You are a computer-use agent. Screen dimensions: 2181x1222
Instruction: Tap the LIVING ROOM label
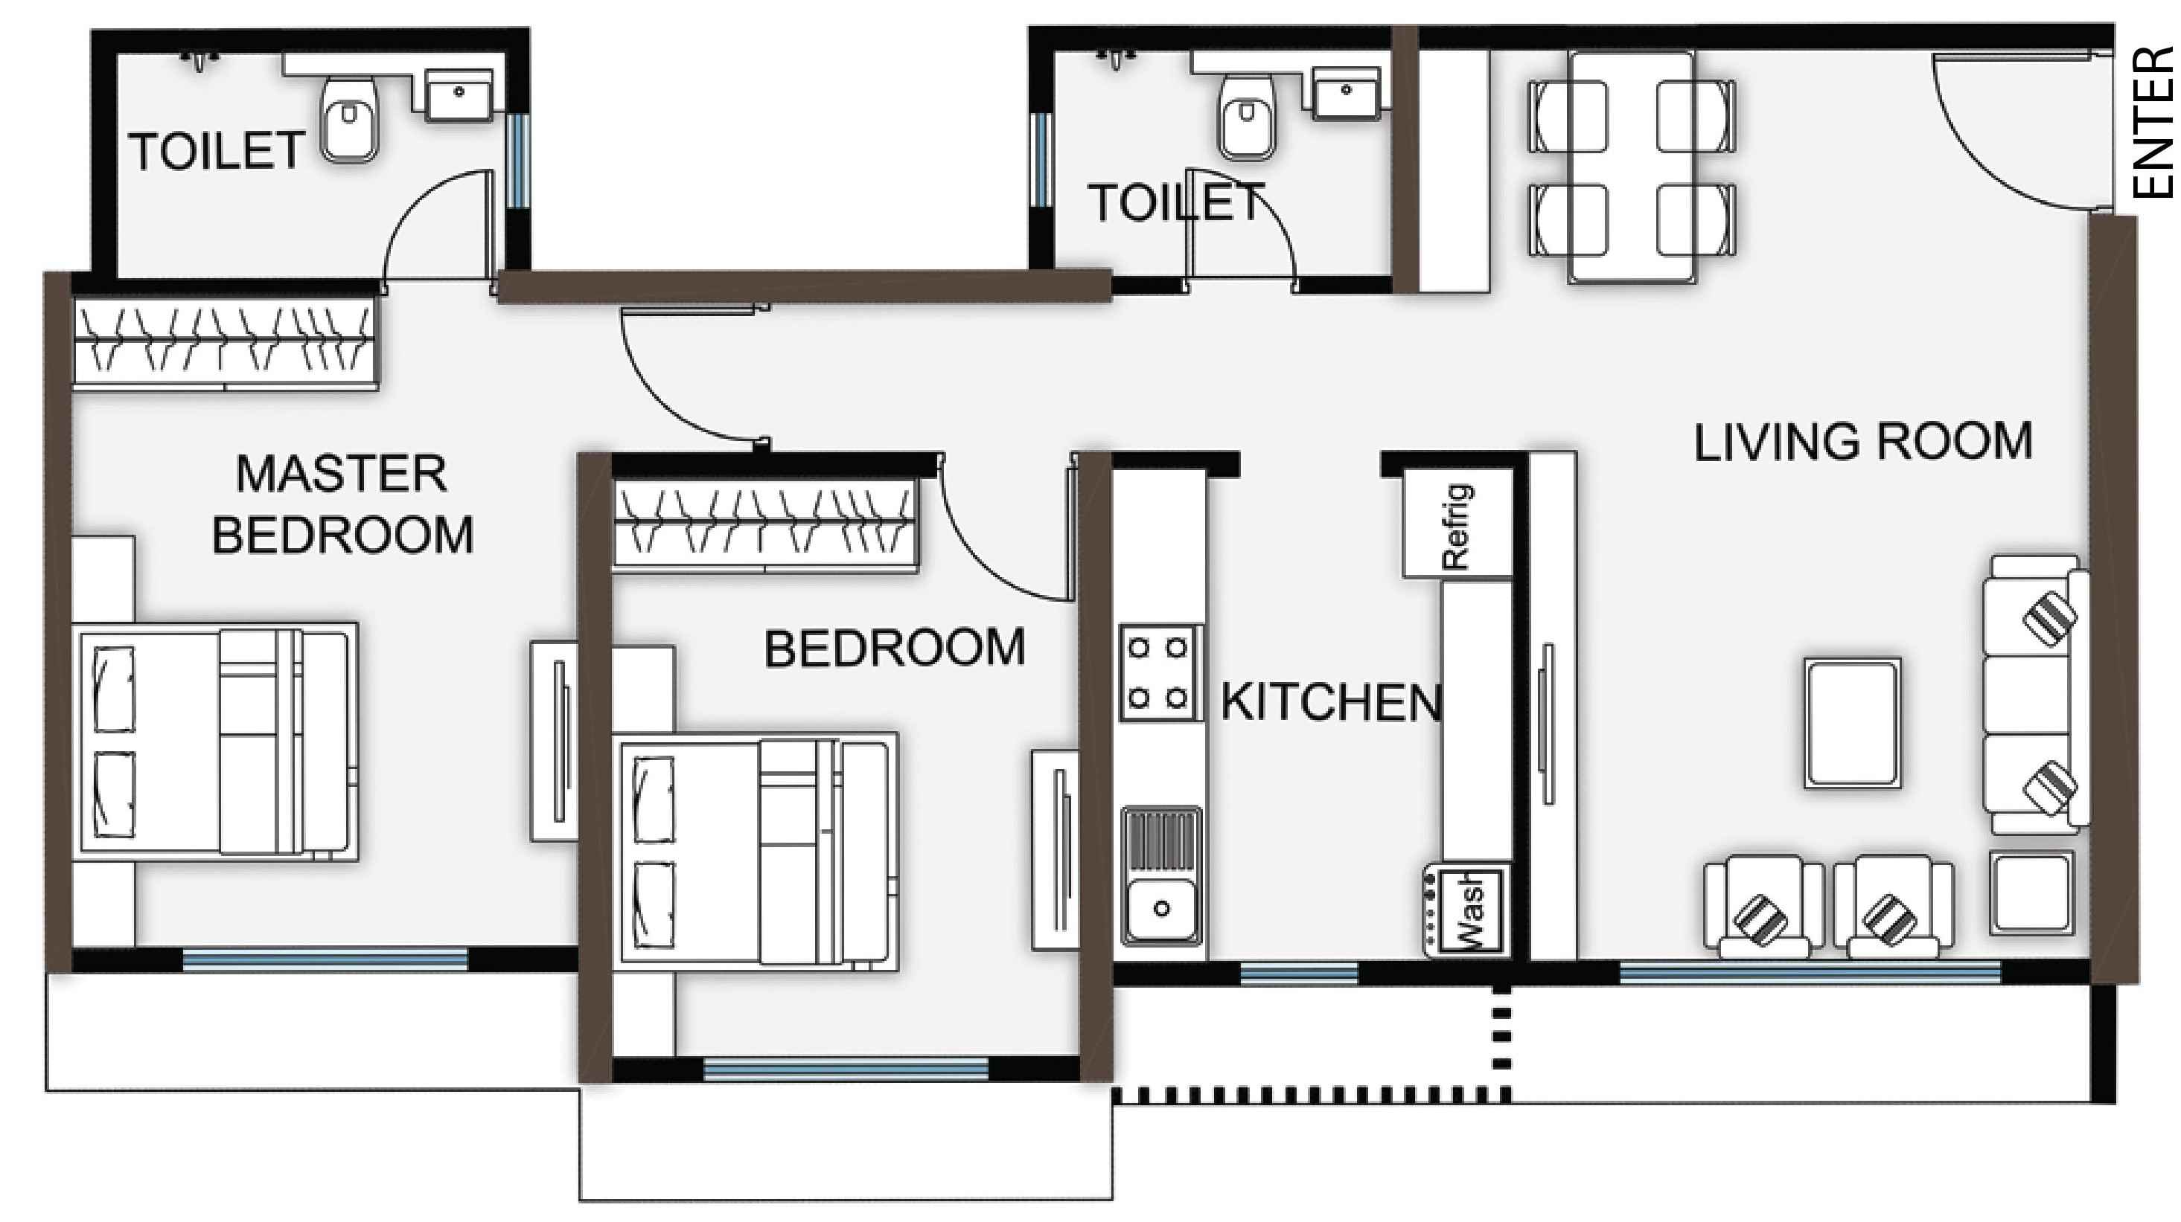tap(1862, 442)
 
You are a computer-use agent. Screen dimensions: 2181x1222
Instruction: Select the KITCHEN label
tap(1331, 701)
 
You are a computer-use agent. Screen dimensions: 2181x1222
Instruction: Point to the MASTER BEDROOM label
tap(342, 504)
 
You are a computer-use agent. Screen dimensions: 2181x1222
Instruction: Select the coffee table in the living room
tap(1852, 724)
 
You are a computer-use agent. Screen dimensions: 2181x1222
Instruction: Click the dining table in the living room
tap(1632, 167)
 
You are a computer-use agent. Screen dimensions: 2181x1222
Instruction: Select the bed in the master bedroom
tap(215, 742)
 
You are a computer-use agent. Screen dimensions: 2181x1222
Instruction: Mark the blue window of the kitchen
tap(1300, 973)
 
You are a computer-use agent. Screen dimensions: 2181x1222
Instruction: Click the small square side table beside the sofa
tap(2031, 893)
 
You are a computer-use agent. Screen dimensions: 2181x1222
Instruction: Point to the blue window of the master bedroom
tap(325, 959)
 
